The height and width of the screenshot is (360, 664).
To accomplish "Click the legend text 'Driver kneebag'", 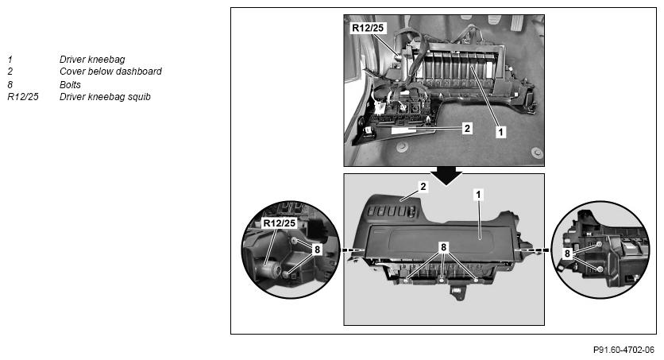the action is [x=92, y=60].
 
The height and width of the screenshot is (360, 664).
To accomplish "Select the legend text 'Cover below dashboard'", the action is [x=110, y=72].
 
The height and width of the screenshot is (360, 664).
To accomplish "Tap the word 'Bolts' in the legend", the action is [x=70, y=85].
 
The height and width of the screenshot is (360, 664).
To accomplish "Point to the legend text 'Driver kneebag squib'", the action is [x=105, y=97].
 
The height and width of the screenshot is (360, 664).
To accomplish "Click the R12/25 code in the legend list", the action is [x=23, y=97].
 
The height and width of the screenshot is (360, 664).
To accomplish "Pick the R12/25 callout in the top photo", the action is [x=368, y=28].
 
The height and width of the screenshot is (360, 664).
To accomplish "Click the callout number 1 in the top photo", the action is [x=500, y=132].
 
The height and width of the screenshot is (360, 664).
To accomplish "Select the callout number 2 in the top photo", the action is [x=467, y=128].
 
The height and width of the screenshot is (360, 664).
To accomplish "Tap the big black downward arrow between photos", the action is [x=446, y=175].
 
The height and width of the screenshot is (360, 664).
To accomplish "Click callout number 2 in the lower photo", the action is [x=423, y=186].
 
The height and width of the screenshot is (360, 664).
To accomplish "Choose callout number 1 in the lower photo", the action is [x=478, y=195].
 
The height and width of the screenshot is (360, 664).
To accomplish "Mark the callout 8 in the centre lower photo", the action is [x=443, y=247].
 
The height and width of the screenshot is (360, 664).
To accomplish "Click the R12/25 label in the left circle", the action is [x=279, y=223].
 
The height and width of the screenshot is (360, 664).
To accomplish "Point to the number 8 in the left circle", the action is [x=317, y=250].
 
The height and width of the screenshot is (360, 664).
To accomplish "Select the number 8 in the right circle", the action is [x=567, y=254].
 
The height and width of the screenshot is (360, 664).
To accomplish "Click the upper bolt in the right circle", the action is [x=599, y=245].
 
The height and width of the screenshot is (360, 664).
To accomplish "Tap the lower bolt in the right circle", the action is [x=600, y=269].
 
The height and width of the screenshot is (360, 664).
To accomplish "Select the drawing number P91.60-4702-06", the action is [x=623, y=350].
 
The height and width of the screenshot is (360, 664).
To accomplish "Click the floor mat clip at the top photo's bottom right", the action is [x=537, y=152].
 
